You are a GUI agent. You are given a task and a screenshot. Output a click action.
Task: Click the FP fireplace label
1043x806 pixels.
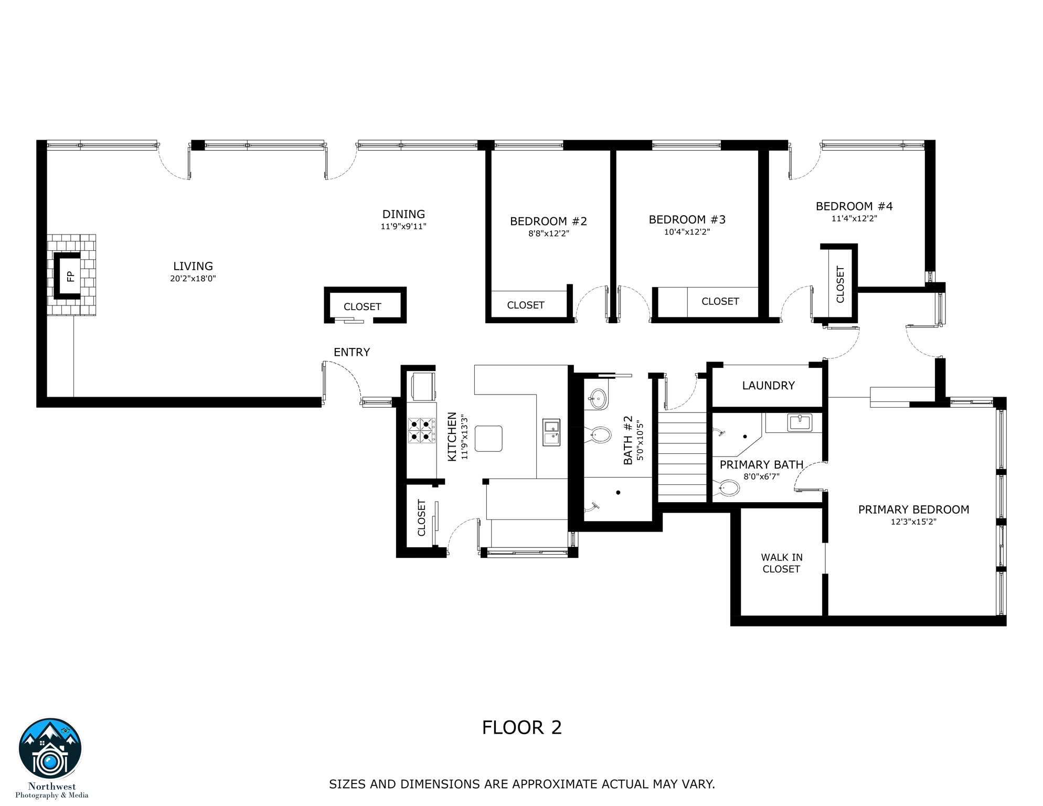point(70,277)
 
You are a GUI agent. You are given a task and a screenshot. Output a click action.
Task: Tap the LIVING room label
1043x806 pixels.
point(193,266)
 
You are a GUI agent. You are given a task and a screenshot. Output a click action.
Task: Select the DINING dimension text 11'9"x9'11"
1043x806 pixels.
point(403,227)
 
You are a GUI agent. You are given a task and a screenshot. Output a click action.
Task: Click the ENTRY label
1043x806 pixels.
point(352,352)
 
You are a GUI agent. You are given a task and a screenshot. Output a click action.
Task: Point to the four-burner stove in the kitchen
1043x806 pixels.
point(422,430)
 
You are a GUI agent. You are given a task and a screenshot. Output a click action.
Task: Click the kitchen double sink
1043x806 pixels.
point(551,432)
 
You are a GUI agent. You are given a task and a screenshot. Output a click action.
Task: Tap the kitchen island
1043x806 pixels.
point(488,439)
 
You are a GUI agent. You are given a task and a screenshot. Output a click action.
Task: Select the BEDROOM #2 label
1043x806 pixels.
point(548,221)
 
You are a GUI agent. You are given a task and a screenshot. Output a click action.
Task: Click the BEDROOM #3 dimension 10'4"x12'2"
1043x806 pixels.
point(687,232)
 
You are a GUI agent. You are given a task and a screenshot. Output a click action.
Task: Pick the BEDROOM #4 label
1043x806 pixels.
point(854,206)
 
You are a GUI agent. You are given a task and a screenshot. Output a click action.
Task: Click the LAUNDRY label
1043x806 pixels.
point(769,386)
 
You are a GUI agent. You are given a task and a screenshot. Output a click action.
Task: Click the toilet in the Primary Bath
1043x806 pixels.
point(728,488)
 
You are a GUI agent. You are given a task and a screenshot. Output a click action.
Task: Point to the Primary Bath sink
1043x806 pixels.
point(800,422)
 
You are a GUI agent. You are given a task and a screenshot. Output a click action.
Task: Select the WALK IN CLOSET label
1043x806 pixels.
point(782,563)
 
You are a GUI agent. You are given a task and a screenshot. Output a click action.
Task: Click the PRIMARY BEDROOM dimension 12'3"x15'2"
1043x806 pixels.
point(913,522)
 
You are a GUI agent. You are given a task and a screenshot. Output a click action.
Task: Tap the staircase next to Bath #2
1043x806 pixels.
point(683,454)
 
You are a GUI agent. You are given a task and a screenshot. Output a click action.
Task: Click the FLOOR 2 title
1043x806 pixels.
point(522,728)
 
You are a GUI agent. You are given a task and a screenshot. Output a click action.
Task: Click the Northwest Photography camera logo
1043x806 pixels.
point(50,749)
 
